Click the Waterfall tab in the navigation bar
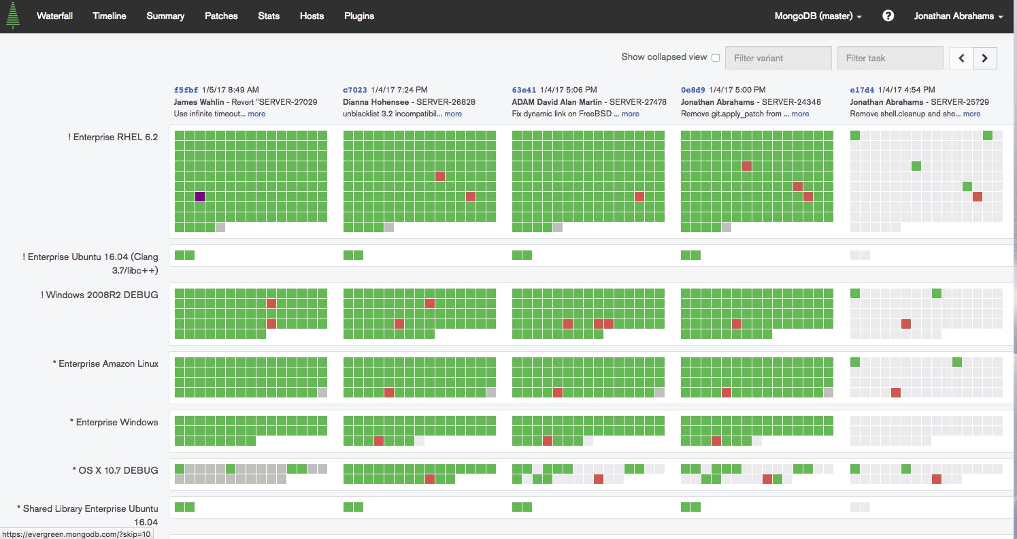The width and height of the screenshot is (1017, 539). (54, 16)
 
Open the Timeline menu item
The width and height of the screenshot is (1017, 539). (110, 16)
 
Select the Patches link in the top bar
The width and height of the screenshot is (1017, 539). (221, 16)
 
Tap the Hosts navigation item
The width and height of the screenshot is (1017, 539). (312, 16)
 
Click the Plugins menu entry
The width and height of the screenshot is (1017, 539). (359, 16)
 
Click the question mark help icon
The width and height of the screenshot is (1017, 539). (888, 16)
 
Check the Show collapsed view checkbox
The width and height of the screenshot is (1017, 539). (716, 58)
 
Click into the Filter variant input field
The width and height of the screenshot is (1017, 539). (778, 58)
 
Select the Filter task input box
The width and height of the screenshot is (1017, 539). (890, 58)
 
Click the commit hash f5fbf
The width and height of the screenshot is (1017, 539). (186, 90)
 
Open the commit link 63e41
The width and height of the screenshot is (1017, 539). (524, 90)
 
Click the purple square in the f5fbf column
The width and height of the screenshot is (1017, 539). (200, 197)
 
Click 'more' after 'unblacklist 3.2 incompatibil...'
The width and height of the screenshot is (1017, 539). (453, 114)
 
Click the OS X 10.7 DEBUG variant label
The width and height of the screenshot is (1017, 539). (116, 470)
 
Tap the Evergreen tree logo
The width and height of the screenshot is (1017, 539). (13, 16)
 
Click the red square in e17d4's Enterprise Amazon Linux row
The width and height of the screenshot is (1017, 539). (896, 393)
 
